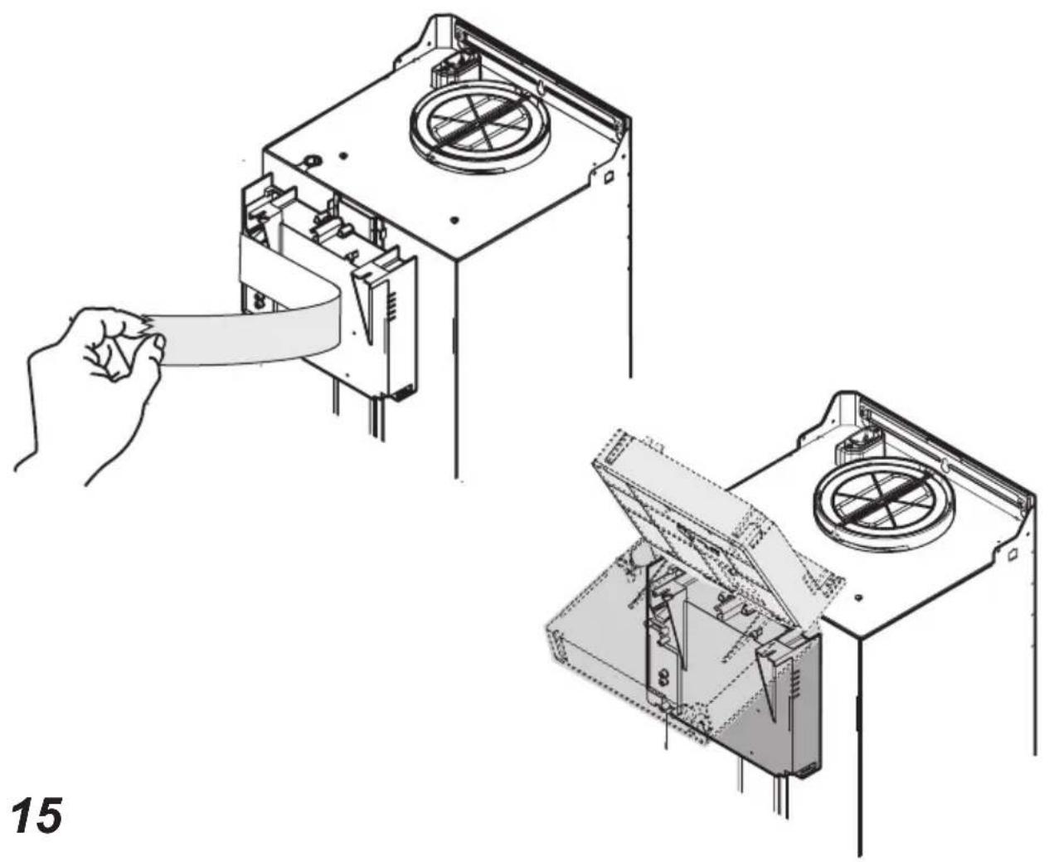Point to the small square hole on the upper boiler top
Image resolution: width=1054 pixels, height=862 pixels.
tap(610, 177)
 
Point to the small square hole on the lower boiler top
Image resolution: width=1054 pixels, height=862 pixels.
tap(1013, 553)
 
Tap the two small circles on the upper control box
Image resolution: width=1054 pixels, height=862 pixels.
tap(260, 300)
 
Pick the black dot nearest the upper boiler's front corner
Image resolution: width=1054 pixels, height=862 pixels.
tap(454, 220)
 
